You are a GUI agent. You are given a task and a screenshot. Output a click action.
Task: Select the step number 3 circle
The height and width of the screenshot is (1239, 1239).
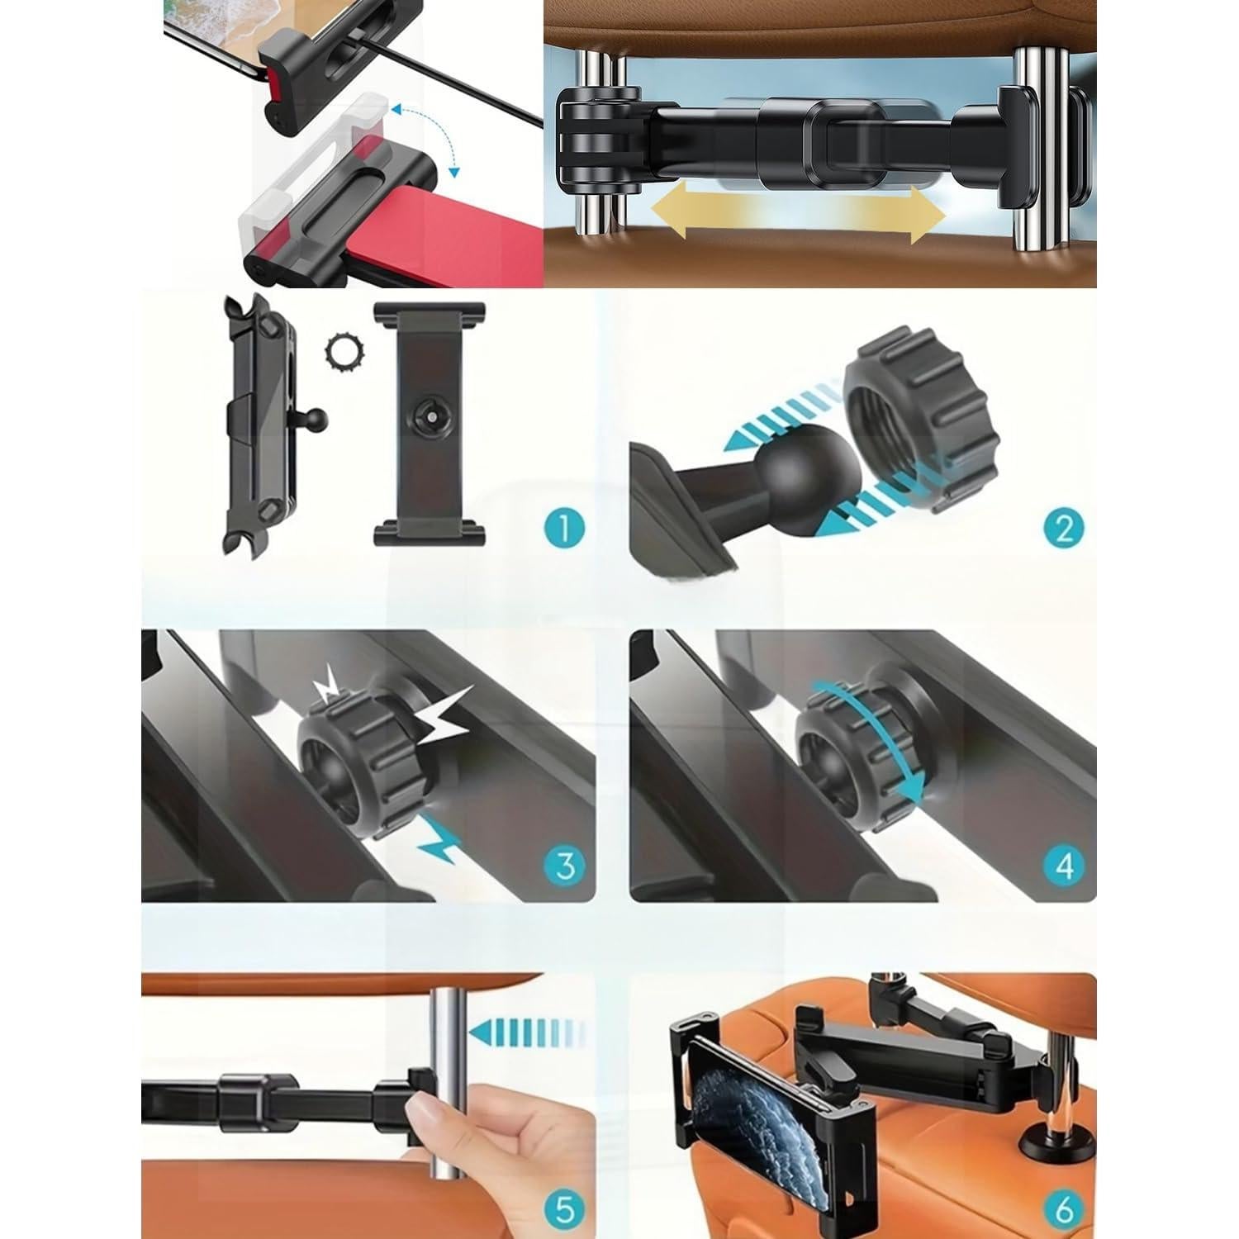click(565, 866)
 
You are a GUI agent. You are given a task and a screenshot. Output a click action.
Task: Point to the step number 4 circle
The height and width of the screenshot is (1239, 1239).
click(1064, 866)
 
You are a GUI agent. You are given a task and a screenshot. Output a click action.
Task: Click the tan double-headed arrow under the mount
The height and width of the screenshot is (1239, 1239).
click(798, 213)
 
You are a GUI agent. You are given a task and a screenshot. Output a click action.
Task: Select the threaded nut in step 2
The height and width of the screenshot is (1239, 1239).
click(921, 421)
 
